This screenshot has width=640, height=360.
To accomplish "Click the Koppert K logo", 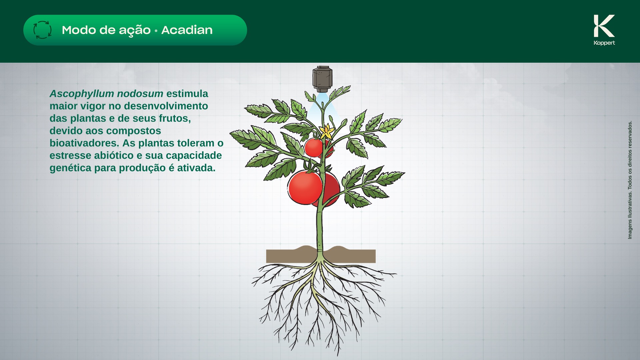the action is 604,26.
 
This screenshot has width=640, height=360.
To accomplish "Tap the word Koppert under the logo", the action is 604,43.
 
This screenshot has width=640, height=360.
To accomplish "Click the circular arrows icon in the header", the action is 42,30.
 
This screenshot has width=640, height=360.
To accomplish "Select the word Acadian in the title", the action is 187,30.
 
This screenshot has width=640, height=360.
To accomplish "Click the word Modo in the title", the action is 79,30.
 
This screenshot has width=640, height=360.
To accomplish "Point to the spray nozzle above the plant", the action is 322,79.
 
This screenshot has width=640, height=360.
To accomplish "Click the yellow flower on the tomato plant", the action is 327,131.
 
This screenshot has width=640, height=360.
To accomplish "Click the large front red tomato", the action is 305,187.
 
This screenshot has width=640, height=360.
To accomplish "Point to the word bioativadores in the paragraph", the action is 84,143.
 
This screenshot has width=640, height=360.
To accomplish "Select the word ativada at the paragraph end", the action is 196,168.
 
